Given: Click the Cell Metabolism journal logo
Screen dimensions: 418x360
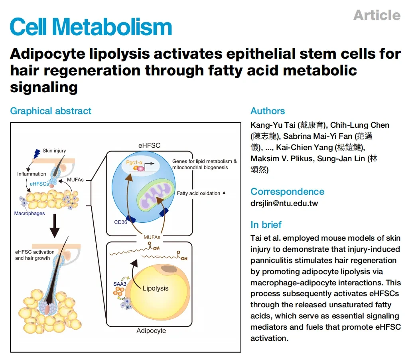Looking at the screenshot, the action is click(x=91, y=27).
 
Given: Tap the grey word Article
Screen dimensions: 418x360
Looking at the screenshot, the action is click(x=377, y=15).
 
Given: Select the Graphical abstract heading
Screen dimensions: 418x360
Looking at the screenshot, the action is click(x=51, y=111).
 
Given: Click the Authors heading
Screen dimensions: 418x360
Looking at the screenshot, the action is click(x=268, y=111).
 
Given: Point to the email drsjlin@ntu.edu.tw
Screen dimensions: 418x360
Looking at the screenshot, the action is click(x=284, y=203).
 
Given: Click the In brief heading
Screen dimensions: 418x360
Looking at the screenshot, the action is click(x=266, y=225).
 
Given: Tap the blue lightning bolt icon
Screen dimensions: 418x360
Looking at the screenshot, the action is click(x=37, y=153).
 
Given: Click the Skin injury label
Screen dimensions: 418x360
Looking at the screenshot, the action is click(x=54, y=151).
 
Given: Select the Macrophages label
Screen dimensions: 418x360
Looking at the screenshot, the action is click(x=30, y=214).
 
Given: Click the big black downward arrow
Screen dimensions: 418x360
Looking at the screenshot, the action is click(x=55, y=225).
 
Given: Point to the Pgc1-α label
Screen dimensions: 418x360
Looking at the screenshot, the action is click(x=134, y=162).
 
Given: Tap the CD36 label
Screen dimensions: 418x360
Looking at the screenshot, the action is click(x=120, y=222).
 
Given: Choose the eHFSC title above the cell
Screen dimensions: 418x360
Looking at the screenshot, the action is click(x=149, y=145).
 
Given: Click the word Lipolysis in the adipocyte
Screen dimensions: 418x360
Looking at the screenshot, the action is click(x=156, y=288).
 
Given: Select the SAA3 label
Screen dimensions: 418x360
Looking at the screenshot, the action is click(x=120, y=284).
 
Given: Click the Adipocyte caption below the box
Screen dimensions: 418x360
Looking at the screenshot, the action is click(x=151, y=331).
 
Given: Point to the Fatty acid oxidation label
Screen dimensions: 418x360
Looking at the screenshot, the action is click(x=198, y=193).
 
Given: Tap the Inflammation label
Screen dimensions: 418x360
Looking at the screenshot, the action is click(x=32, y=174).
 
